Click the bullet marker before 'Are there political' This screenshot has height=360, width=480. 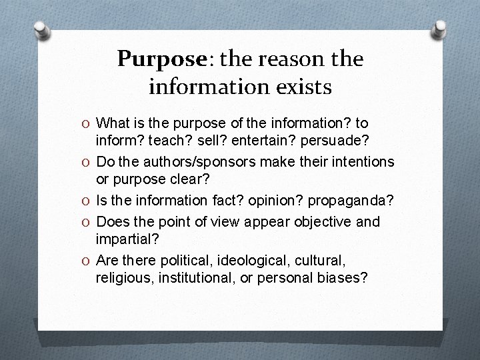click(x=87, y=259)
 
